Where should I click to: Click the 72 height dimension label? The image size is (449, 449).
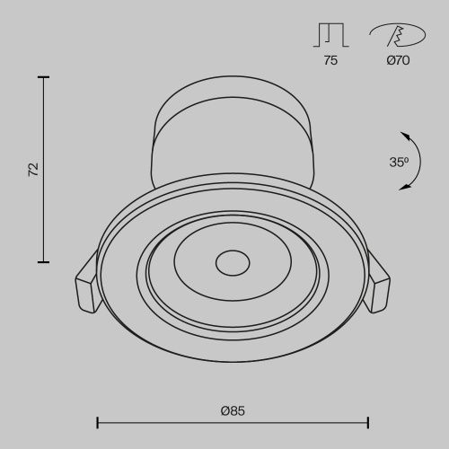click(x=33, y=169)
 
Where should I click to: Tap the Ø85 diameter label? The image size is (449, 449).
click(x=233, y=410)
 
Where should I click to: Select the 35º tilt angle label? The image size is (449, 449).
click(x=400, y=163)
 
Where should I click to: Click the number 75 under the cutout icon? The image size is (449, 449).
click(x=330, y=62)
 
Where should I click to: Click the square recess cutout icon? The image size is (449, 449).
click(x=330, y=35)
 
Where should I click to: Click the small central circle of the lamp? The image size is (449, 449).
click(x=232, y=264)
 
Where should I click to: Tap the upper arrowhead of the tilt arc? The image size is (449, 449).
click(x=405, y=136)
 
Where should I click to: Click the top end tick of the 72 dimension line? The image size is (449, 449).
click(x=42, y=78)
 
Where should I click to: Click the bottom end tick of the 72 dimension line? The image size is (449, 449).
click(x=42, y=262)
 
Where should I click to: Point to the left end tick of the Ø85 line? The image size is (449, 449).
click(x=97, y=421)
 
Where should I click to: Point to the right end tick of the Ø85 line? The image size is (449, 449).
click(x=368, y=421)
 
